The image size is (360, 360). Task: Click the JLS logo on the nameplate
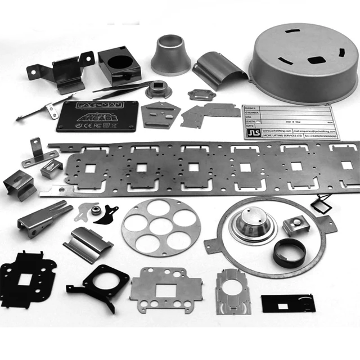(x=251, y=134)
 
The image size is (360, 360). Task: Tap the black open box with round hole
(x=119, y=64)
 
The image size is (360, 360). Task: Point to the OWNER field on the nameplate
(x=251, y=108)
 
